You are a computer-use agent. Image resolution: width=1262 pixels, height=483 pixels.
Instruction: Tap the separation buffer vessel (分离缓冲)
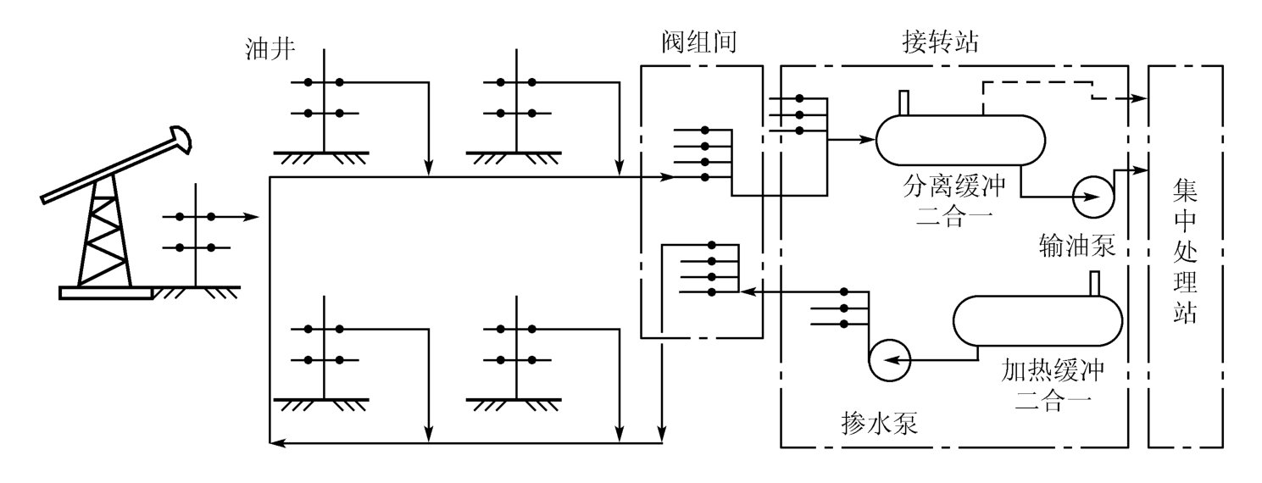959,139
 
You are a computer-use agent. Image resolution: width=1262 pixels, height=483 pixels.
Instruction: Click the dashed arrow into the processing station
1139,98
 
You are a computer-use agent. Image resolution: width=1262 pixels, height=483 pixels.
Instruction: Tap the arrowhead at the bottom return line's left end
275,442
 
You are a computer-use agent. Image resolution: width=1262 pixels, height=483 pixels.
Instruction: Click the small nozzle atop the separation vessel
903,102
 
